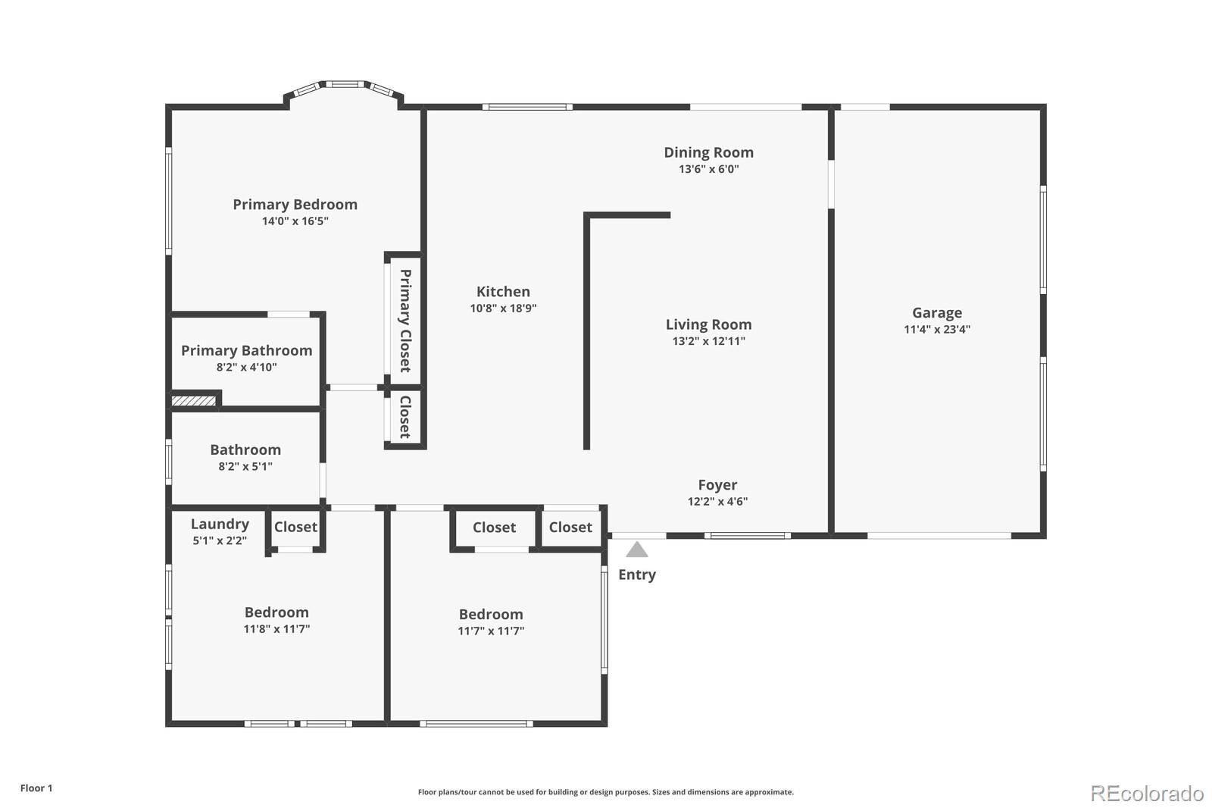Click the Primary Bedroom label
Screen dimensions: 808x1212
coord(295,205)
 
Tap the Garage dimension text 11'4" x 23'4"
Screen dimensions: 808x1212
coord(936,330)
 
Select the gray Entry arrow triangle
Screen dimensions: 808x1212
coord(637,550)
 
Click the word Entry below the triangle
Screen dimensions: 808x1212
coord(637,575)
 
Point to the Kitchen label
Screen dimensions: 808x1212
coord(503,292)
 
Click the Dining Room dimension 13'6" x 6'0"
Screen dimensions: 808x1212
coord(708,169)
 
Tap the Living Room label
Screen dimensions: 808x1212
coord(708,324)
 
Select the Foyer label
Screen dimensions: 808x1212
coord(717,485)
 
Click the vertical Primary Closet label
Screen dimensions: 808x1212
coord(405,320)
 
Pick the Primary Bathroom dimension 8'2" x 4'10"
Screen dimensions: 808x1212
coord(246,368)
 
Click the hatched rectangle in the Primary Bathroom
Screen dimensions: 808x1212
coord(194,400)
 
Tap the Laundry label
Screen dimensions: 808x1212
coord(220,525)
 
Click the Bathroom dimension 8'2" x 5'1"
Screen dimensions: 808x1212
coord(245,467)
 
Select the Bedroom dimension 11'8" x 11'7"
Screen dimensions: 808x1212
coord(276,629)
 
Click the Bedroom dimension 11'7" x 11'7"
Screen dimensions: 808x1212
coord(491,631)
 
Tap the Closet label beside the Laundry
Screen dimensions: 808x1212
coord(295,527)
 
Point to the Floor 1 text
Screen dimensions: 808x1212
coord(36,788)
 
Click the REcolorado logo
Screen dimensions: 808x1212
coord(1146,793)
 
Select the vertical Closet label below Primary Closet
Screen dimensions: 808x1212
coord(405,416)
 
